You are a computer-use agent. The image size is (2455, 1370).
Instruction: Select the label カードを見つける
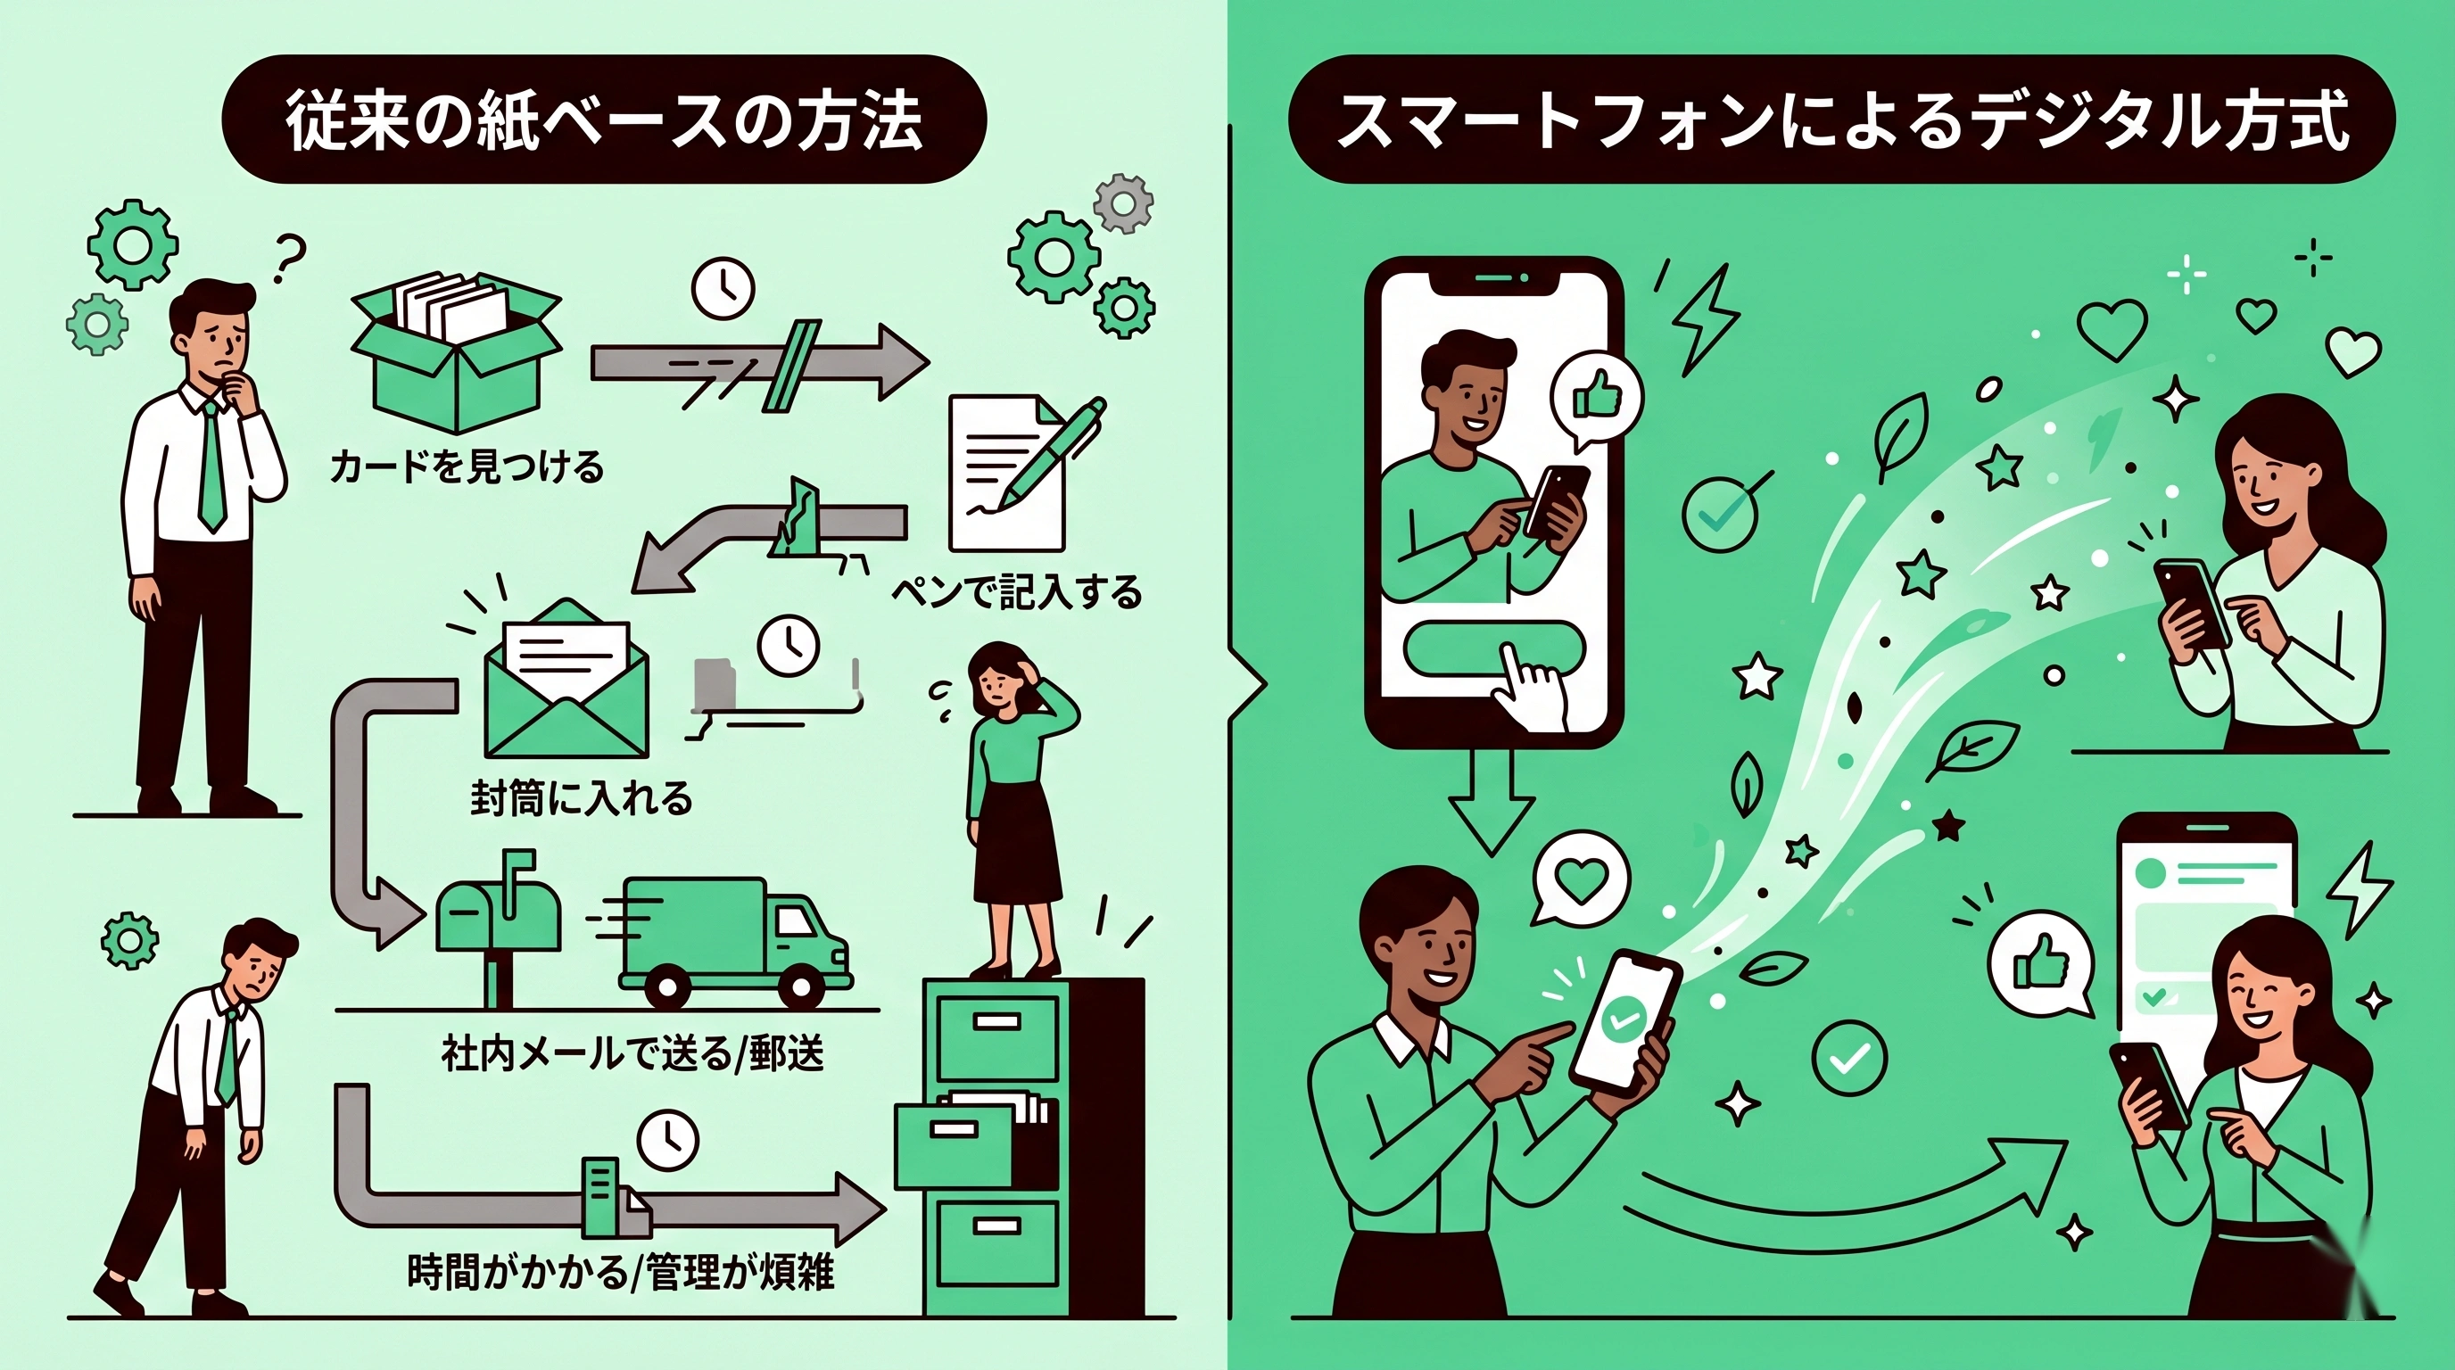coord(467,466)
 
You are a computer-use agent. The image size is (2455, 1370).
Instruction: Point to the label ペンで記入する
coord(1016,592)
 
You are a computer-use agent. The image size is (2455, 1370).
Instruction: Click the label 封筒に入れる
coord(582,798)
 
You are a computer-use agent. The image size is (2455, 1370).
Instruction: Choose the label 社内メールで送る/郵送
coord(632,1053)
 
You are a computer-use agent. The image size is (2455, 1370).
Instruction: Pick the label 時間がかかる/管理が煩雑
coord(620,1272)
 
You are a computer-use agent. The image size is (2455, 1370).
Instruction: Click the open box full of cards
coord(456,351)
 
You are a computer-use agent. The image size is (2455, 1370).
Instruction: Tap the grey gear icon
coord(1122,203)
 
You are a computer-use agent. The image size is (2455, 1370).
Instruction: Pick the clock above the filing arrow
coord(668,1138)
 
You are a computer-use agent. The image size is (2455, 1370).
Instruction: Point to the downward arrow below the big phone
coord(1492,800)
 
